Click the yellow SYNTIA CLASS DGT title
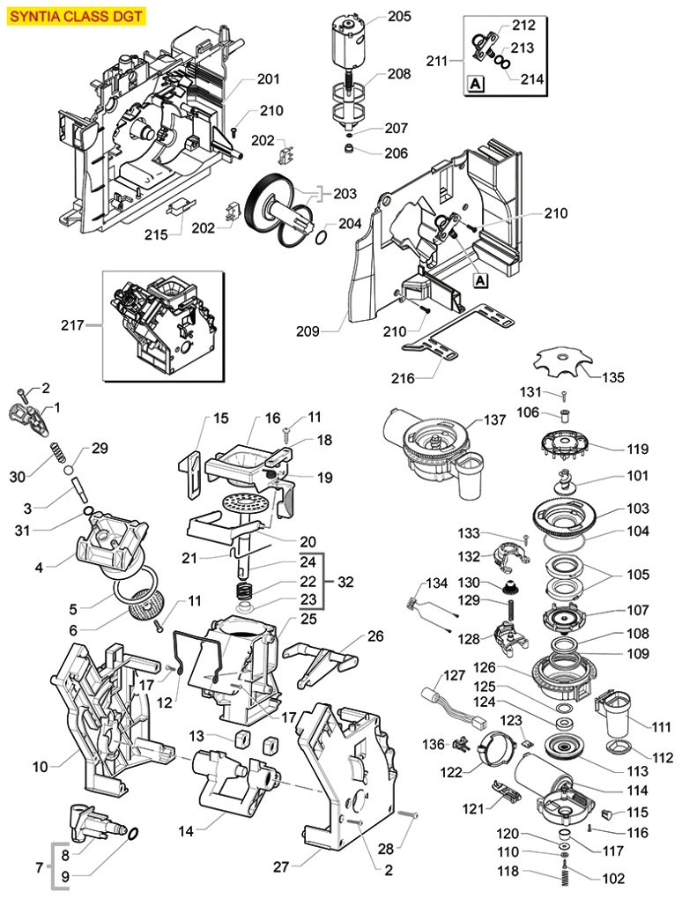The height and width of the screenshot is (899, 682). click(x=76, y=16)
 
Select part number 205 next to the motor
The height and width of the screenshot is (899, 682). click(x=399, y=17)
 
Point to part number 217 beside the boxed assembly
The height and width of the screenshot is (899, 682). click(x=72, y=325)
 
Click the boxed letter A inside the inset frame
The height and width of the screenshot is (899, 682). click(x=476, y=85)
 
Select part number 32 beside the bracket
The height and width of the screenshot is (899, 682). click(x=345, y=583)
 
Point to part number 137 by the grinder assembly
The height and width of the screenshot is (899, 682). click(x=494, y=420)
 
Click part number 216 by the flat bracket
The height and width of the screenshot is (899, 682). click(x=419, y=378)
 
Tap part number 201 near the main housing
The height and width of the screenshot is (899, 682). click(x=268, y=79)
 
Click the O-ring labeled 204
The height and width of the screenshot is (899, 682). click(x=322, y=237)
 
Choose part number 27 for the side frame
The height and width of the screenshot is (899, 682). click(x=281, y=866)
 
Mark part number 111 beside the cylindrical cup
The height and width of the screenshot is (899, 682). click(x=662, y=727)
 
